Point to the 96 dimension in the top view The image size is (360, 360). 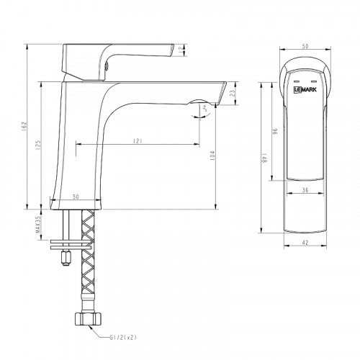[x=273, y=134]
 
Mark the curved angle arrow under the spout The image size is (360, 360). [x=203, y=110]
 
